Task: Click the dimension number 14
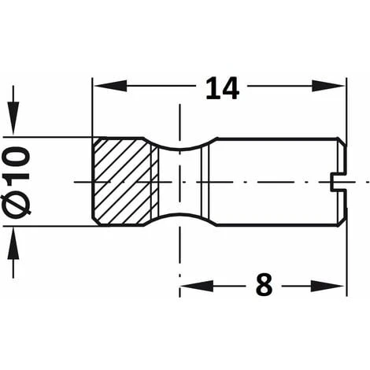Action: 223,88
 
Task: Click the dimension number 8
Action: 265,284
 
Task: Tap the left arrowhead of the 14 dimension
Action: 110,86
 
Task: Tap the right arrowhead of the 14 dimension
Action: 327,86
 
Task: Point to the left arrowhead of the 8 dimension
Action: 197,286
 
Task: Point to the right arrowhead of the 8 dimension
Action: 327,286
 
